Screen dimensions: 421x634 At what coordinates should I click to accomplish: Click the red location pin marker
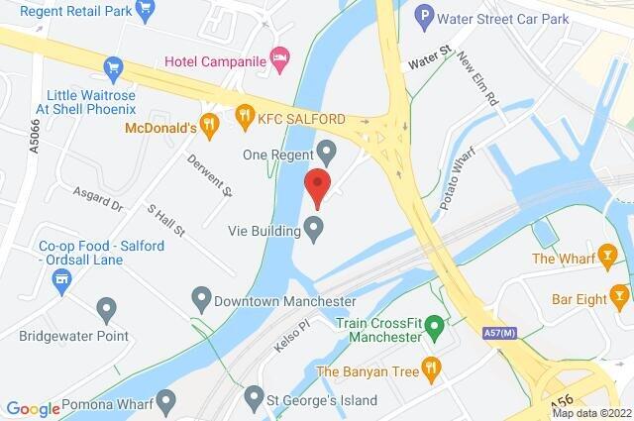(316, 186)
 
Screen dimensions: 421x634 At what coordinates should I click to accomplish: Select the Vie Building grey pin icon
(314, 230)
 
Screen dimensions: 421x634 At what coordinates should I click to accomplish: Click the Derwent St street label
(212, 174)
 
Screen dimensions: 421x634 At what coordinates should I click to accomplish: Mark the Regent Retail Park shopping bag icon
(147, 10)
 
